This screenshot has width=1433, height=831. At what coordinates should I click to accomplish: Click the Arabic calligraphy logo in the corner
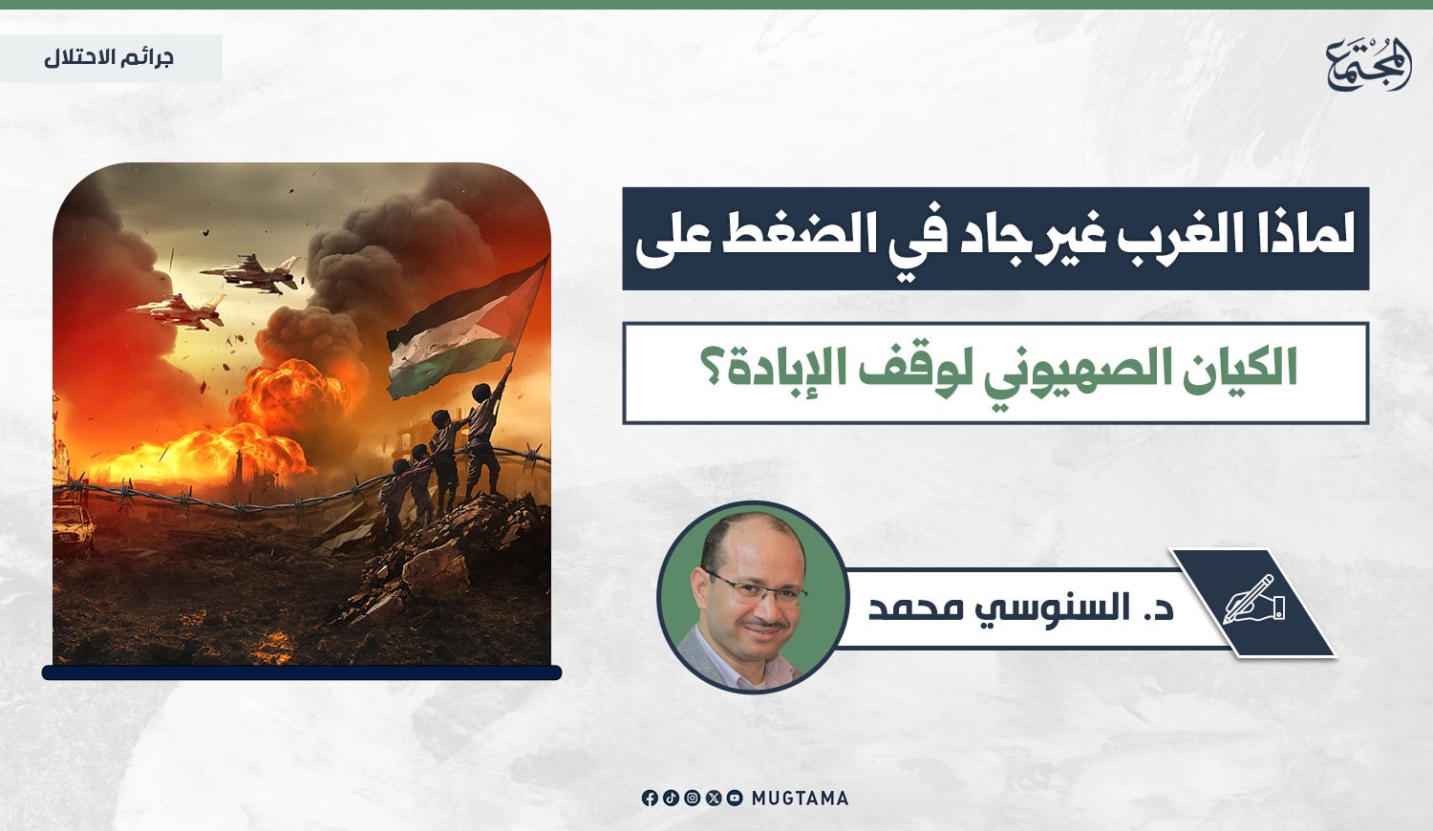(1368, 64)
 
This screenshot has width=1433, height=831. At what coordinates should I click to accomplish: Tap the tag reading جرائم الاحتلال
(109, 58)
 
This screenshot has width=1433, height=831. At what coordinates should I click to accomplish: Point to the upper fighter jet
(250, 272)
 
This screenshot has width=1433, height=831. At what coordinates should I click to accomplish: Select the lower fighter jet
(177, 311)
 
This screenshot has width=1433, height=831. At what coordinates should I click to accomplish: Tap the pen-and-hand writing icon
(1254, 600)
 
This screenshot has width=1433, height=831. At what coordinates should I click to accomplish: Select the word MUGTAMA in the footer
(800, 798)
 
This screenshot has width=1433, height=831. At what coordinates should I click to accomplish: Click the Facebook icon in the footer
(650, 798)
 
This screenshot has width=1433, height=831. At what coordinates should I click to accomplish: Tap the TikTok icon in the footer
(671, 798)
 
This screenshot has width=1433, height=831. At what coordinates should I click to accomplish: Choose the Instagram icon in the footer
(693, 798)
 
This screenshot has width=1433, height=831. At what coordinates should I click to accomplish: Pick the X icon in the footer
(714, 798)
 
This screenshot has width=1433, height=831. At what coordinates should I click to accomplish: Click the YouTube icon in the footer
(735, 798)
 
